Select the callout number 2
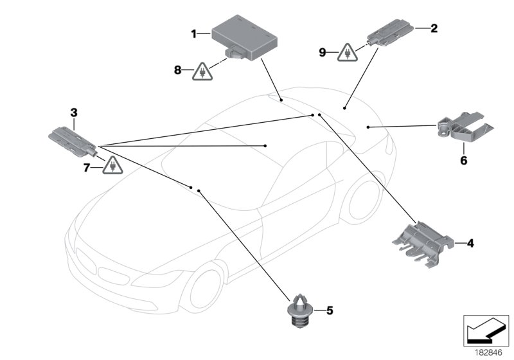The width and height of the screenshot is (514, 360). (x=434, y=28)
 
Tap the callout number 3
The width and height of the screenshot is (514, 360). (x=74, y=113)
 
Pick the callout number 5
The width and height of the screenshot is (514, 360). (x=330, y=311)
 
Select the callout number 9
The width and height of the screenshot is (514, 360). (x=323, y=51)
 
